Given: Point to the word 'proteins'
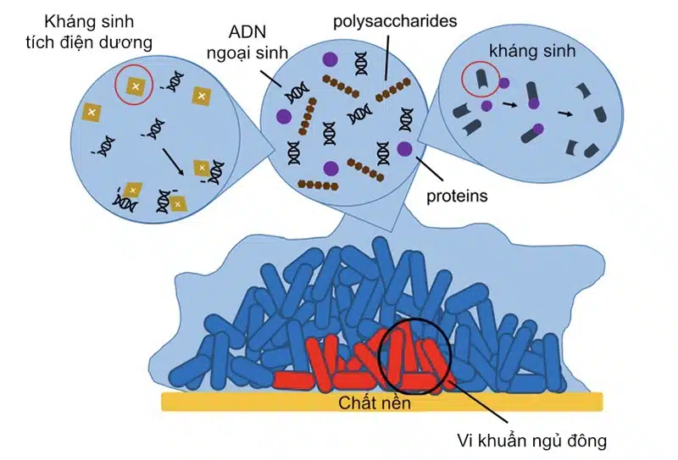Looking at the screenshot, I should click(458, 196).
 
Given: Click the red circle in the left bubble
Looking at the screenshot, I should click(136, 83).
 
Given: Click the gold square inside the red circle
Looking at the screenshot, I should click(136, 84).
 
